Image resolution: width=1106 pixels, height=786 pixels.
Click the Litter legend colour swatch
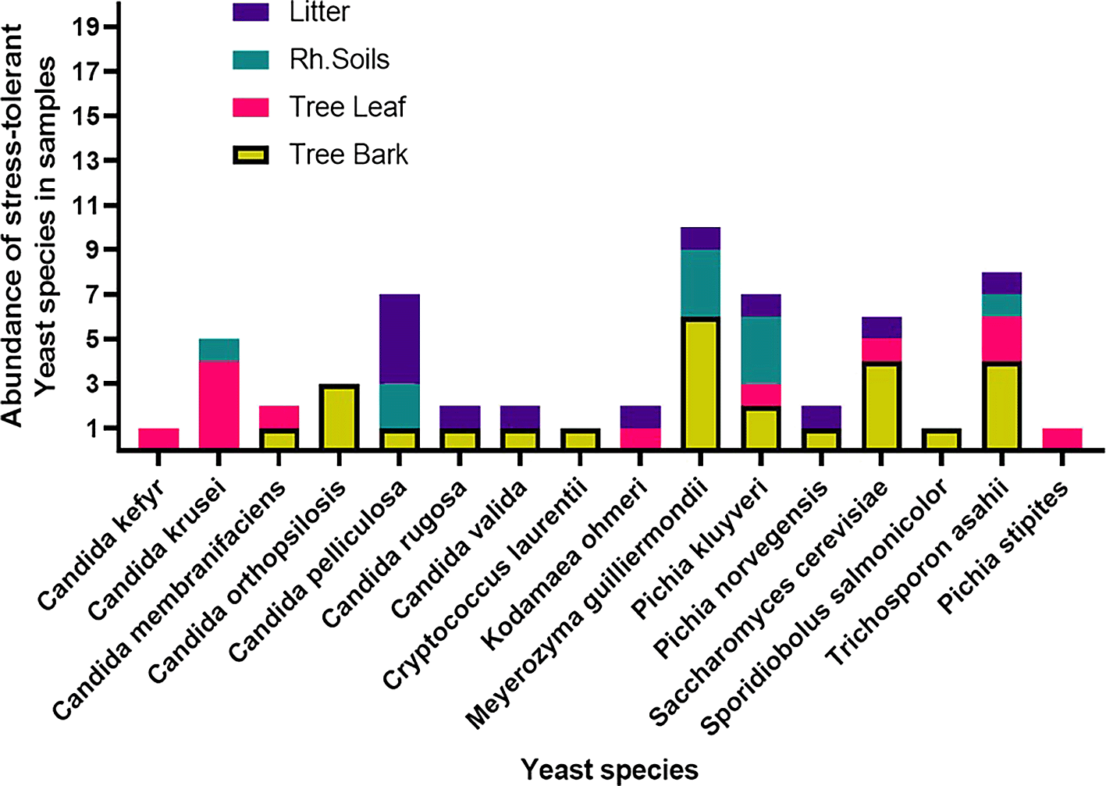[x=251, y=12]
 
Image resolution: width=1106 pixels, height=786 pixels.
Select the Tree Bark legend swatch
[x=251, y=155]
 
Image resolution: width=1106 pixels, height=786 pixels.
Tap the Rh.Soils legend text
[x=339, y=60]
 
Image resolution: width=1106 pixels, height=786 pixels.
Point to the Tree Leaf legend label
[x=347, y=107]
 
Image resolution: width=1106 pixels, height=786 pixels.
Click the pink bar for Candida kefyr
[x=158, y=438]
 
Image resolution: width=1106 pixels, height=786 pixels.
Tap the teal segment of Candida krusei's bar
[x=219, y=350]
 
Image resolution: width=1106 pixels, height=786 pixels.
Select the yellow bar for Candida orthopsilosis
[x=339, y=417]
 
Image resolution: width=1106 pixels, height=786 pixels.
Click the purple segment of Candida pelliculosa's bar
[x=400, y=339]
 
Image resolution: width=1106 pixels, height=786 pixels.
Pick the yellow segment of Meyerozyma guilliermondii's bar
[x=701, y=382]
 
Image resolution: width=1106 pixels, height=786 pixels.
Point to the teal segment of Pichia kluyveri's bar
[x=761, y=350]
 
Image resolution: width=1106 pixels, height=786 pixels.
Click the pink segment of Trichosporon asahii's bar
[x=1001, y=339]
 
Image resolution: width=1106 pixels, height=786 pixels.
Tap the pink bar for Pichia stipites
[x=1062, y=438]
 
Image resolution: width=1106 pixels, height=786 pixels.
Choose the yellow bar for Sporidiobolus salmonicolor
[x=941, y=439]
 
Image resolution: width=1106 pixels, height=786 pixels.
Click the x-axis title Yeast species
[x=610, y=770]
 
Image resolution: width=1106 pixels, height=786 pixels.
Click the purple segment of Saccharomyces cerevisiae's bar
[x=881, y=327]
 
